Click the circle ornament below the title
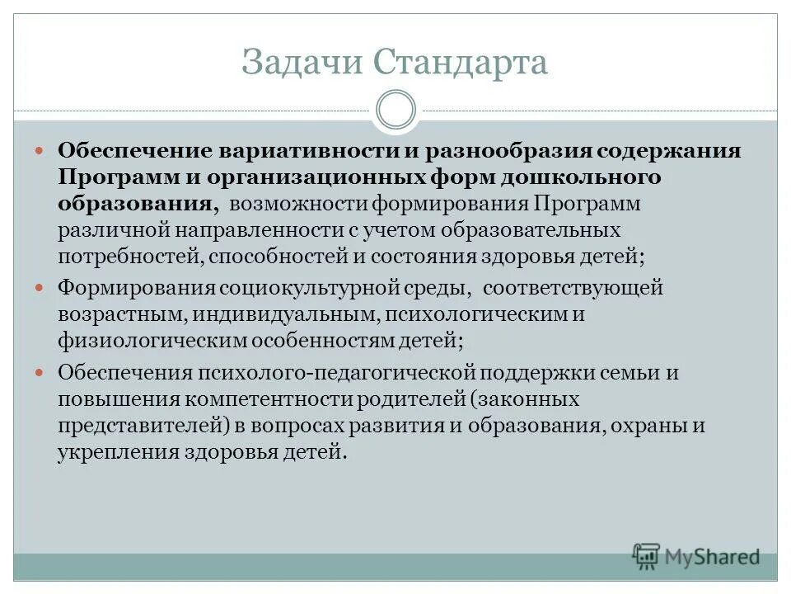pyautogui.click(x=395, y=110)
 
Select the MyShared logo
pyautogui.click(x=696, y=557)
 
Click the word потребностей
pyautogui.click(x=129, y=255)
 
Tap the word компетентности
pyautogui.click(x=270, y=399)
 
